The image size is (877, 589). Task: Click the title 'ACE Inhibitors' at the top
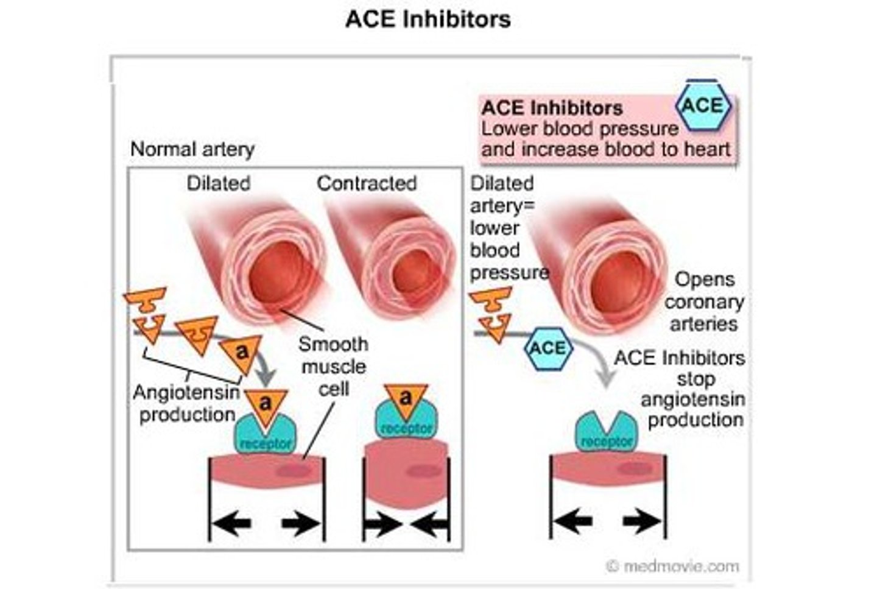click(428, 19)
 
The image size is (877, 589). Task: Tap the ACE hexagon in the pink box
click(703, 106)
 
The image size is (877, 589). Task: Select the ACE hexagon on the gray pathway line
click(548, 348)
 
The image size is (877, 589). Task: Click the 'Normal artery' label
click(192, 149)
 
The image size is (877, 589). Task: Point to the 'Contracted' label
click(367, 183)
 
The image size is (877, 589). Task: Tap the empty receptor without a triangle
click(607, 432)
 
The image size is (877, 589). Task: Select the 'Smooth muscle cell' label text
click(333, 367)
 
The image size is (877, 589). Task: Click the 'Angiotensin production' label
click(187, 403)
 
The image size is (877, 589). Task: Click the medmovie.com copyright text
click(673, 566)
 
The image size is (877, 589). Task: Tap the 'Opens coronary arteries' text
click(704, 302)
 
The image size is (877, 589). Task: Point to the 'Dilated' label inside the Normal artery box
click(218, 183)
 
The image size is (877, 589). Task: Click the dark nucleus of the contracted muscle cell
click(424, 471)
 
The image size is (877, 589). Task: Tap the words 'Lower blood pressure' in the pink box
click(579, 129)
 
